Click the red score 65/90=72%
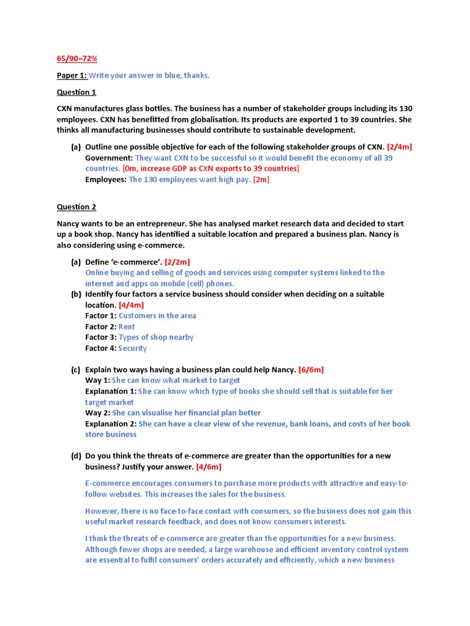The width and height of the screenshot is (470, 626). point(77,58)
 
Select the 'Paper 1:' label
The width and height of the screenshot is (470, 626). point(72,75)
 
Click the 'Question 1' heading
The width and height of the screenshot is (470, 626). point(76,92)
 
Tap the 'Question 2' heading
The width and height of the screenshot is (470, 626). point(76,207)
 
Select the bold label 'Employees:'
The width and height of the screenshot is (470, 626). point(106,180)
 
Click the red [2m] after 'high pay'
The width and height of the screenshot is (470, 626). point(261,180)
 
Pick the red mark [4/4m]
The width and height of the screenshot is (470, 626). point(132,305)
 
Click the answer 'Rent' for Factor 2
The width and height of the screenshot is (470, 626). point(127,326)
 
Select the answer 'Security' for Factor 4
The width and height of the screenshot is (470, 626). point(133,348)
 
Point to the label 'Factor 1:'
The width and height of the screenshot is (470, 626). point(100,316)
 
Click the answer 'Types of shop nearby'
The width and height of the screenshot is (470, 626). point(156,337)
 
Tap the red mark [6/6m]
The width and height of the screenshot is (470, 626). point(311,369)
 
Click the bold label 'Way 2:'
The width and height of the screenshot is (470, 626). point(97,413)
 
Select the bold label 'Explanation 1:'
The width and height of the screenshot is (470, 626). point(111,391)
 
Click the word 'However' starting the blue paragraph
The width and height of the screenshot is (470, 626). point(103,511)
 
